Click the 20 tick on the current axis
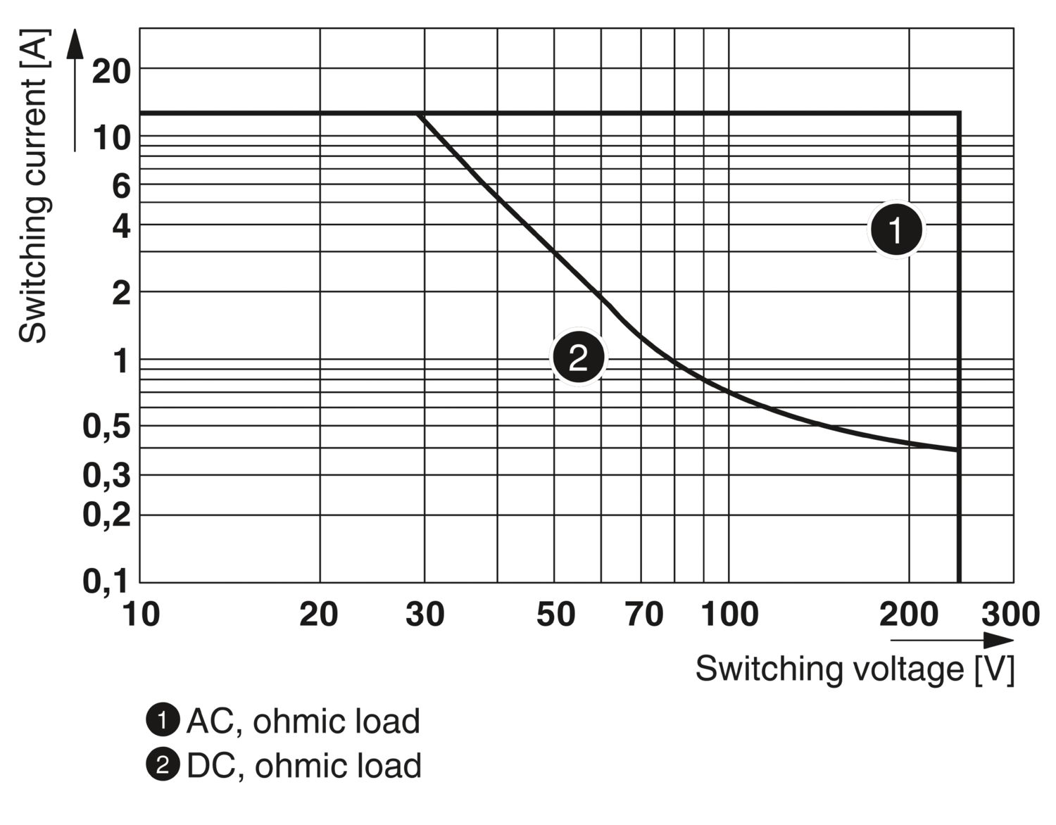tap(111, 71)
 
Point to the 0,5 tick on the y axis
tap(106, 427)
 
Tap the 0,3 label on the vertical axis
tap(106, 477)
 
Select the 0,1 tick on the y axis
tap(106, 582)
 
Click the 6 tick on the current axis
tap(121, 187)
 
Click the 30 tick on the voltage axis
tap(425, 615)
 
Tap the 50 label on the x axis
tap(555, 615)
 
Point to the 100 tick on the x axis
tap(729, 615)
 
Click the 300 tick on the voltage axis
tap(1010, 615)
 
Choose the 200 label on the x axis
tap(908, 615)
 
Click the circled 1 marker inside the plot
tap(896, 229)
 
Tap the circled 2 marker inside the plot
tap(578, 358)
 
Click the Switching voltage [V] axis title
tap(855, 669)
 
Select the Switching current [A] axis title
tap(33, 186)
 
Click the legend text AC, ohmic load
tap(303, 722)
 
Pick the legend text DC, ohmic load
tap(303, 766)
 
